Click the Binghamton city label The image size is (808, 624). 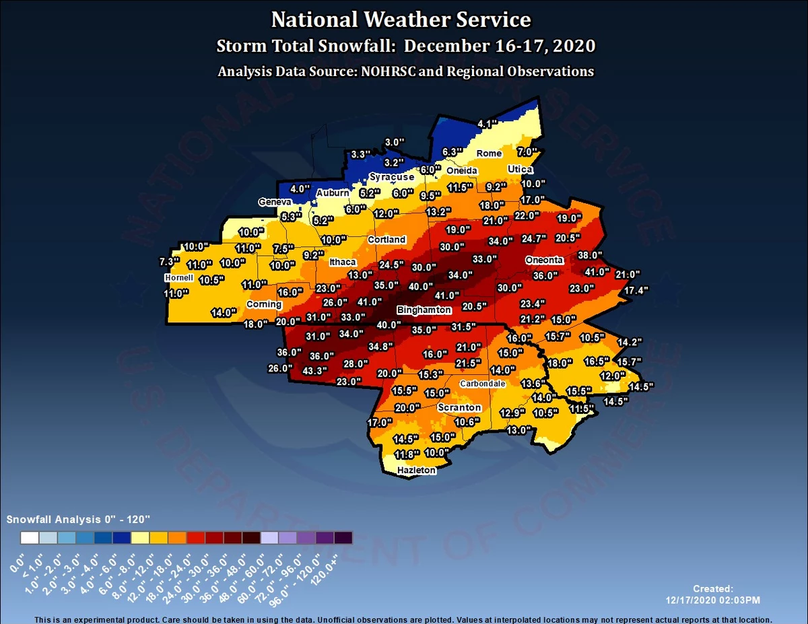click(424, 310)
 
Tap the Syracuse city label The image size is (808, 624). click(391, 177)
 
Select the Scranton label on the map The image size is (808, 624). click(459, 407)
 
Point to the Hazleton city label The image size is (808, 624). click(416, 470)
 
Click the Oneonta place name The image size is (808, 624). click(544, 261)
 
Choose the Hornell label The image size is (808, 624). click(178, 277)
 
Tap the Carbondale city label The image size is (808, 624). click(482, 384)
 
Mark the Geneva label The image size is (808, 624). click(275, 202)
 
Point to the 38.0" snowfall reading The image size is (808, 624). click(591, 255)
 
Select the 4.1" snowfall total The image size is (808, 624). click(487, 124)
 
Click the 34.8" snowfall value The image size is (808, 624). click(381, 347)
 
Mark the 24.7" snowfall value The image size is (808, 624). click(534, 238)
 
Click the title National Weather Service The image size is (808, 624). click(401, 20)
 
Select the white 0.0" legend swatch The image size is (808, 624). click(29, 537)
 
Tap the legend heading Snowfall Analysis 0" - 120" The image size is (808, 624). click(77, 520)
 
